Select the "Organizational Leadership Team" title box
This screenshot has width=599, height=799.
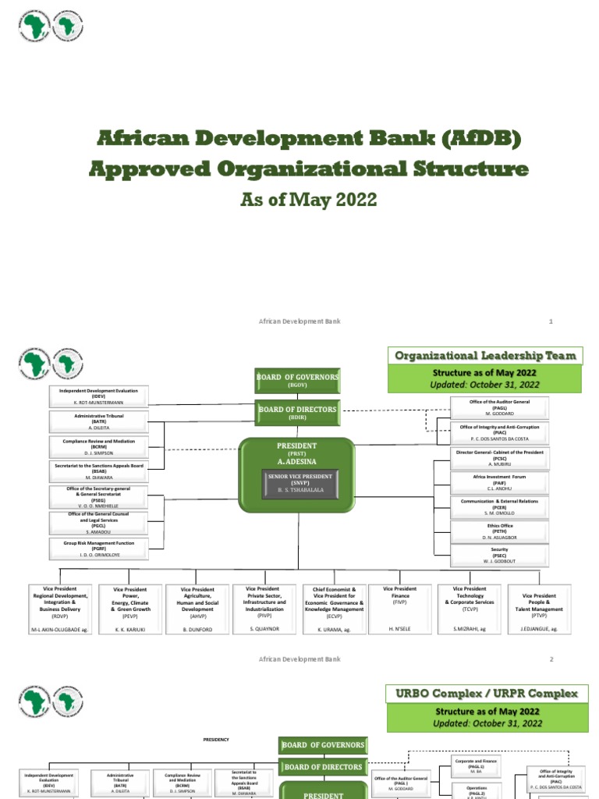485,356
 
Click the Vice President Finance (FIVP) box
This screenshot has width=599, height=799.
401,609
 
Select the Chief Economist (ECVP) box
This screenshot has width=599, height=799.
334,609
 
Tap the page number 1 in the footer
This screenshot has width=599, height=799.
551,321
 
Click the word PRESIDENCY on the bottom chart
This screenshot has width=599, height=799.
216,739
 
